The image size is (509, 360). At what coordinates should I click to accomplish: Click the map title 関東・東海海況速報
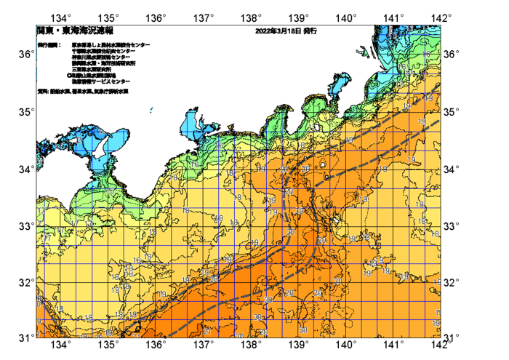[x=75, y=31]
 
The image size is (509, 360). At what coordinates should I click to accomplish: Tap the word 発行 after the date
[x=310, y=31]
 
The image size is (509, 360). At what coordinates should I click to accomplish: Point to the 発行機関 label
[x=49, y=45]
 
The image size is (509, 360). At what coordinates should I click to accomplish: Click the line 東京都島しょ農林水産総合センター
[x=111, y=45]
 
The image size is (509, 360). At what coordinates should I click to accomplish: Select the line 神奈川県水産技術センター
[x=102, y=57]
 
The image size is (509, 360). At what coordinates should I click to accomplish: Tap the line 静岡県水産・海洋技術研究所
[x=106, y=63]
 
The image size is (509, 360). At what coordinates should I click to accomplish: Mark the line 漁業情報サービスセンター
[x=100, y=81]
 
